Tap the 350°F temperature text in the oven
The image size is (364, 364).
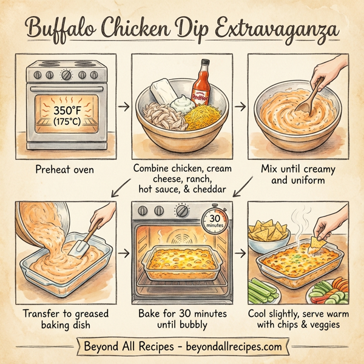coord(67,112)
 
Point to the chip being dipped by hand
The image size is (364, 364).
coord(316,243)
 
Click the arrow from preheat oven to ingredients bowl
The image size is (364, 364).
coord(123,107)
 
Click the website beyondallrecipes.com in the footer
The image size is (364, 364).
coord(237,347)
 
